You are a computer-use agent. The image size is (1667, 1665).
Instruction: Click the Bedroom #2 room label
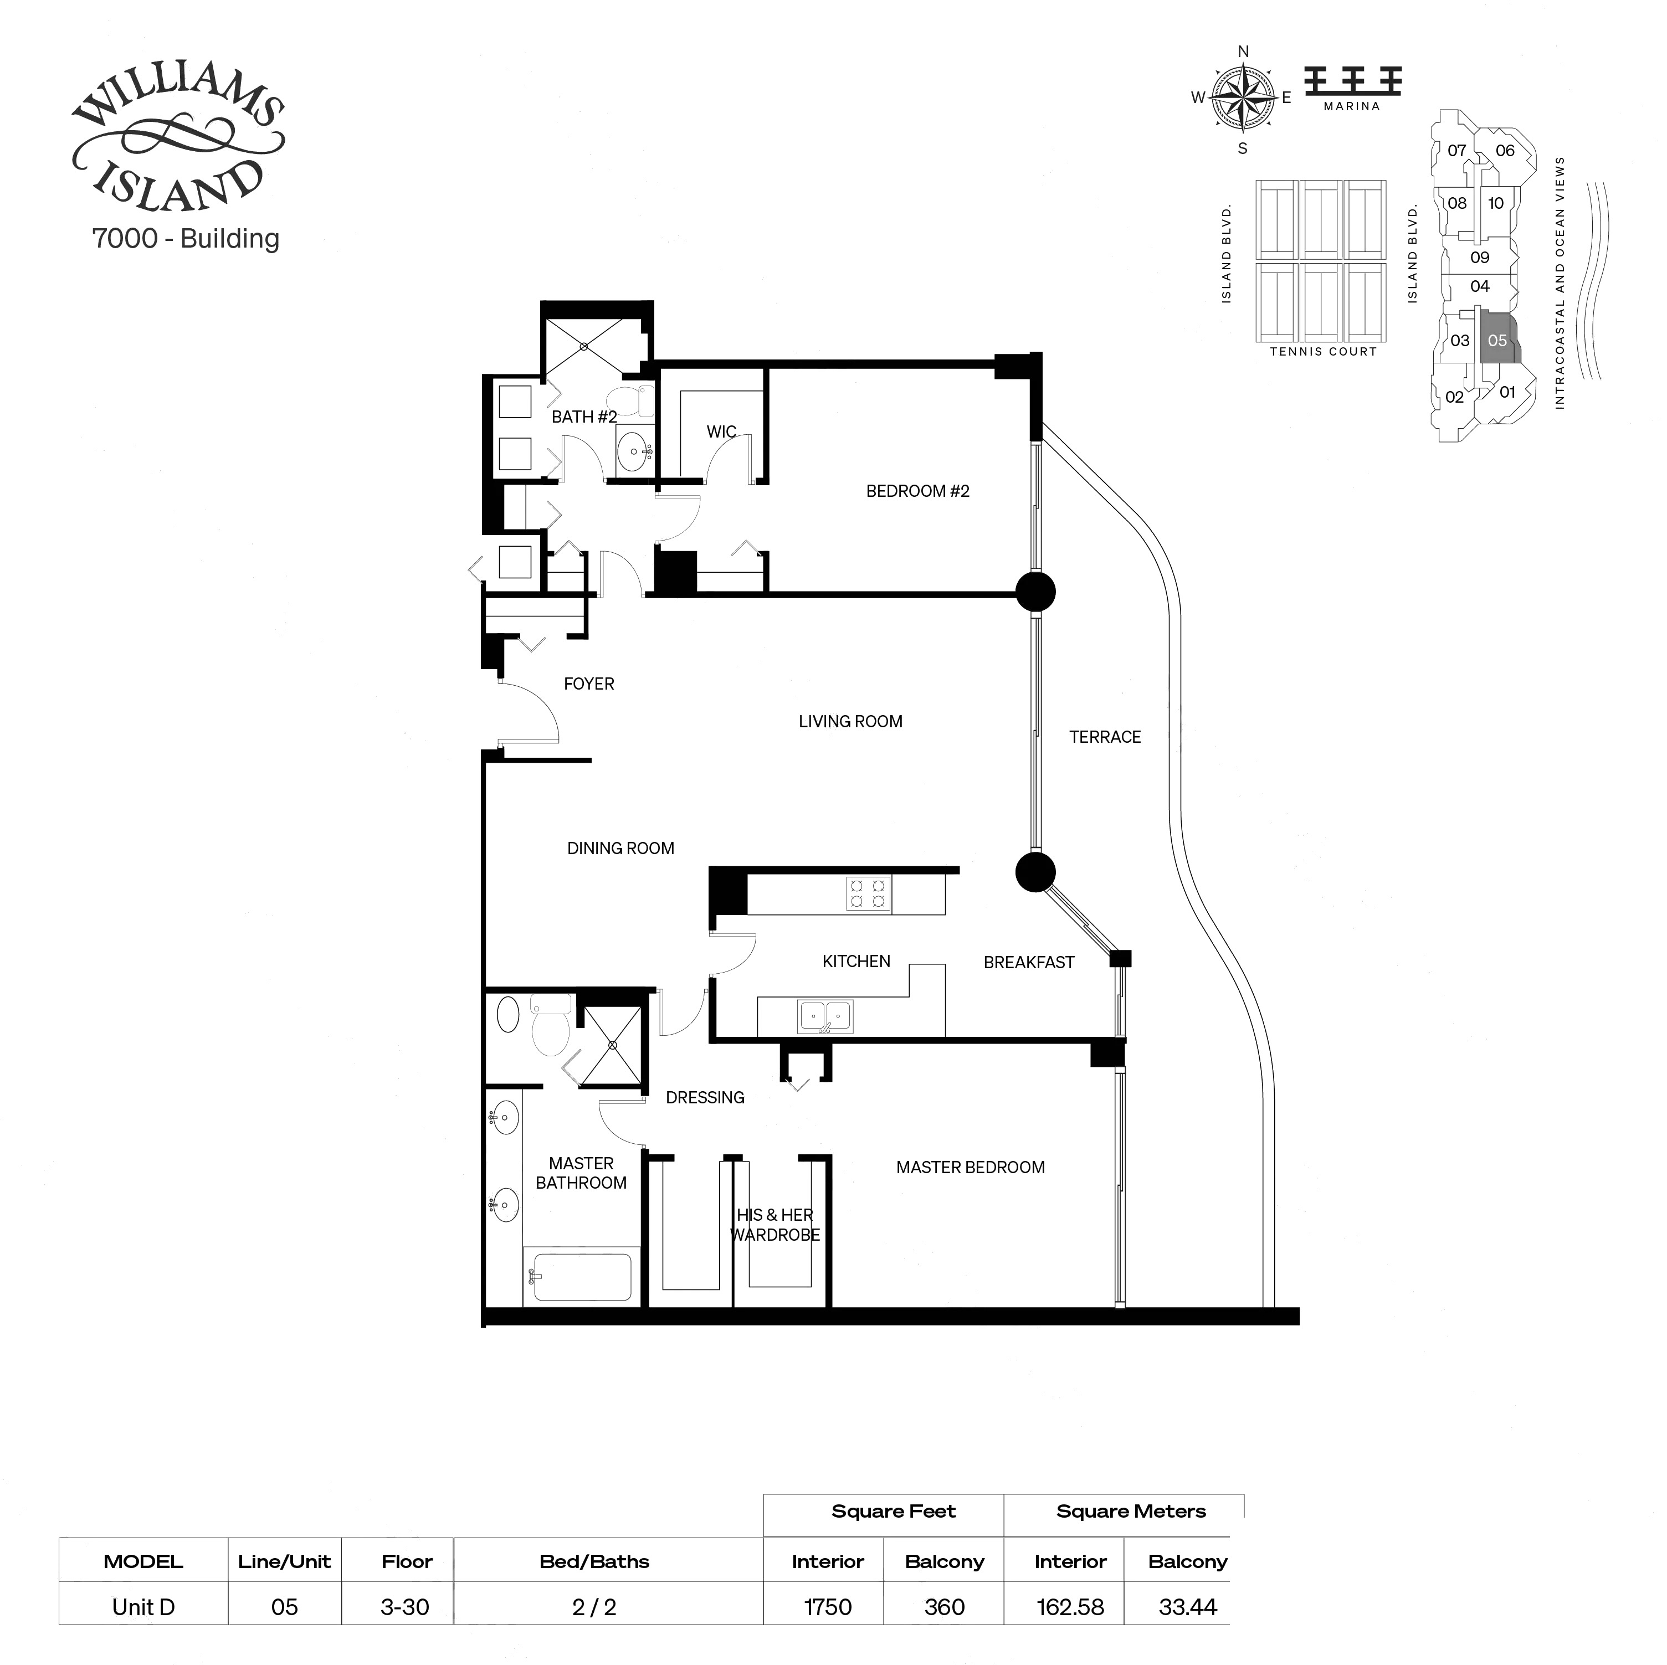(x=917, y=491)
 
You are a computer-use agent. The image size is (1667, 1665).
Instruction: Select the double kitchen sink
(x=825, y=1016)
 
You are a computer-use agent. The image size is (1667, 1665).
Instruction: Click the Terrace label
(x=1105, y=737)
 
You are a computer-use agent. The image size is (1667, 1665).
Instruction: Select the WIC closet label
(x=721, y=431)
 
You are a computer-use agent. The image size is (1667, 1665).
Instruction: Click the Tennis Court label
(x=1323, y=351)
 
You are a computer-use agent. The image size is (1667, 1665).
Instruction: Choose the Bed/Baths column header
(x=594, y=1561)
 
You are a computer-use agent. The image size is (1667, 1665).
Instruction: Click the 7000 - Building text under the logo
(x=186, y=238)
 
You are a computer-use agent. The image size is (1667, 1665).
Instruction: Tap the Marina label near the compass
(x=1351, y=106)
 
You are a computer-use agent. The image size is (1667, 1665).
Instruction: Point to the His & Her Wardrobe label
(x=775, y=1224)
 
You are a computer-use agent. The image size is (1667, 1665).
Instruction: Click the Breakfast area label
(x=1028, y=962)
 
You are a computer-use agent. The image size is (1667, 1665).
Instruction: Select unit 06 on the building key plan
(x=1505, y=150)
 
